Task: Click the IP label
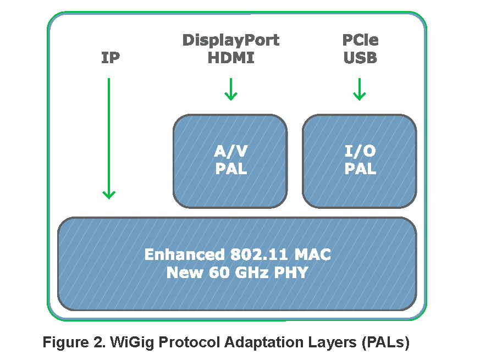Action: pyautogui.click(x=111, y=58)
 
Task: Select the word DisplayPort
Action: pyautogui.click(x=231, y=40)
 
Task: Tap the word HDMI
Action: pyautogui.click(x=231, y=58)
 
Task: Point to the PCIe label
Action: pyautogui.click(x=360, y=40)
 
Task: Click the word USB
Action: pyautogui.click(x=360, y=58)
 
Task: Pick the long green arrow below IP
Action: pyautogui.click(x=109, y=137)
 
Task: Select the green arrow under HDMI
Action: pyautogui.click(x=231, y=89)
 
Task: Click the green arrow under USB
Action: pyautogui.click(x=359, y=89)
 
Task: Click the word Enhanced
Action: pyautogui.click(x=183, y=255)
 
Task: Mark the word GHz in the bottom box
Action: pyautogui.click(x=249, y=272)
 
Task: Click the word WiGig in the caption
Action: pyautogui.click(x=138, y=343)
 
